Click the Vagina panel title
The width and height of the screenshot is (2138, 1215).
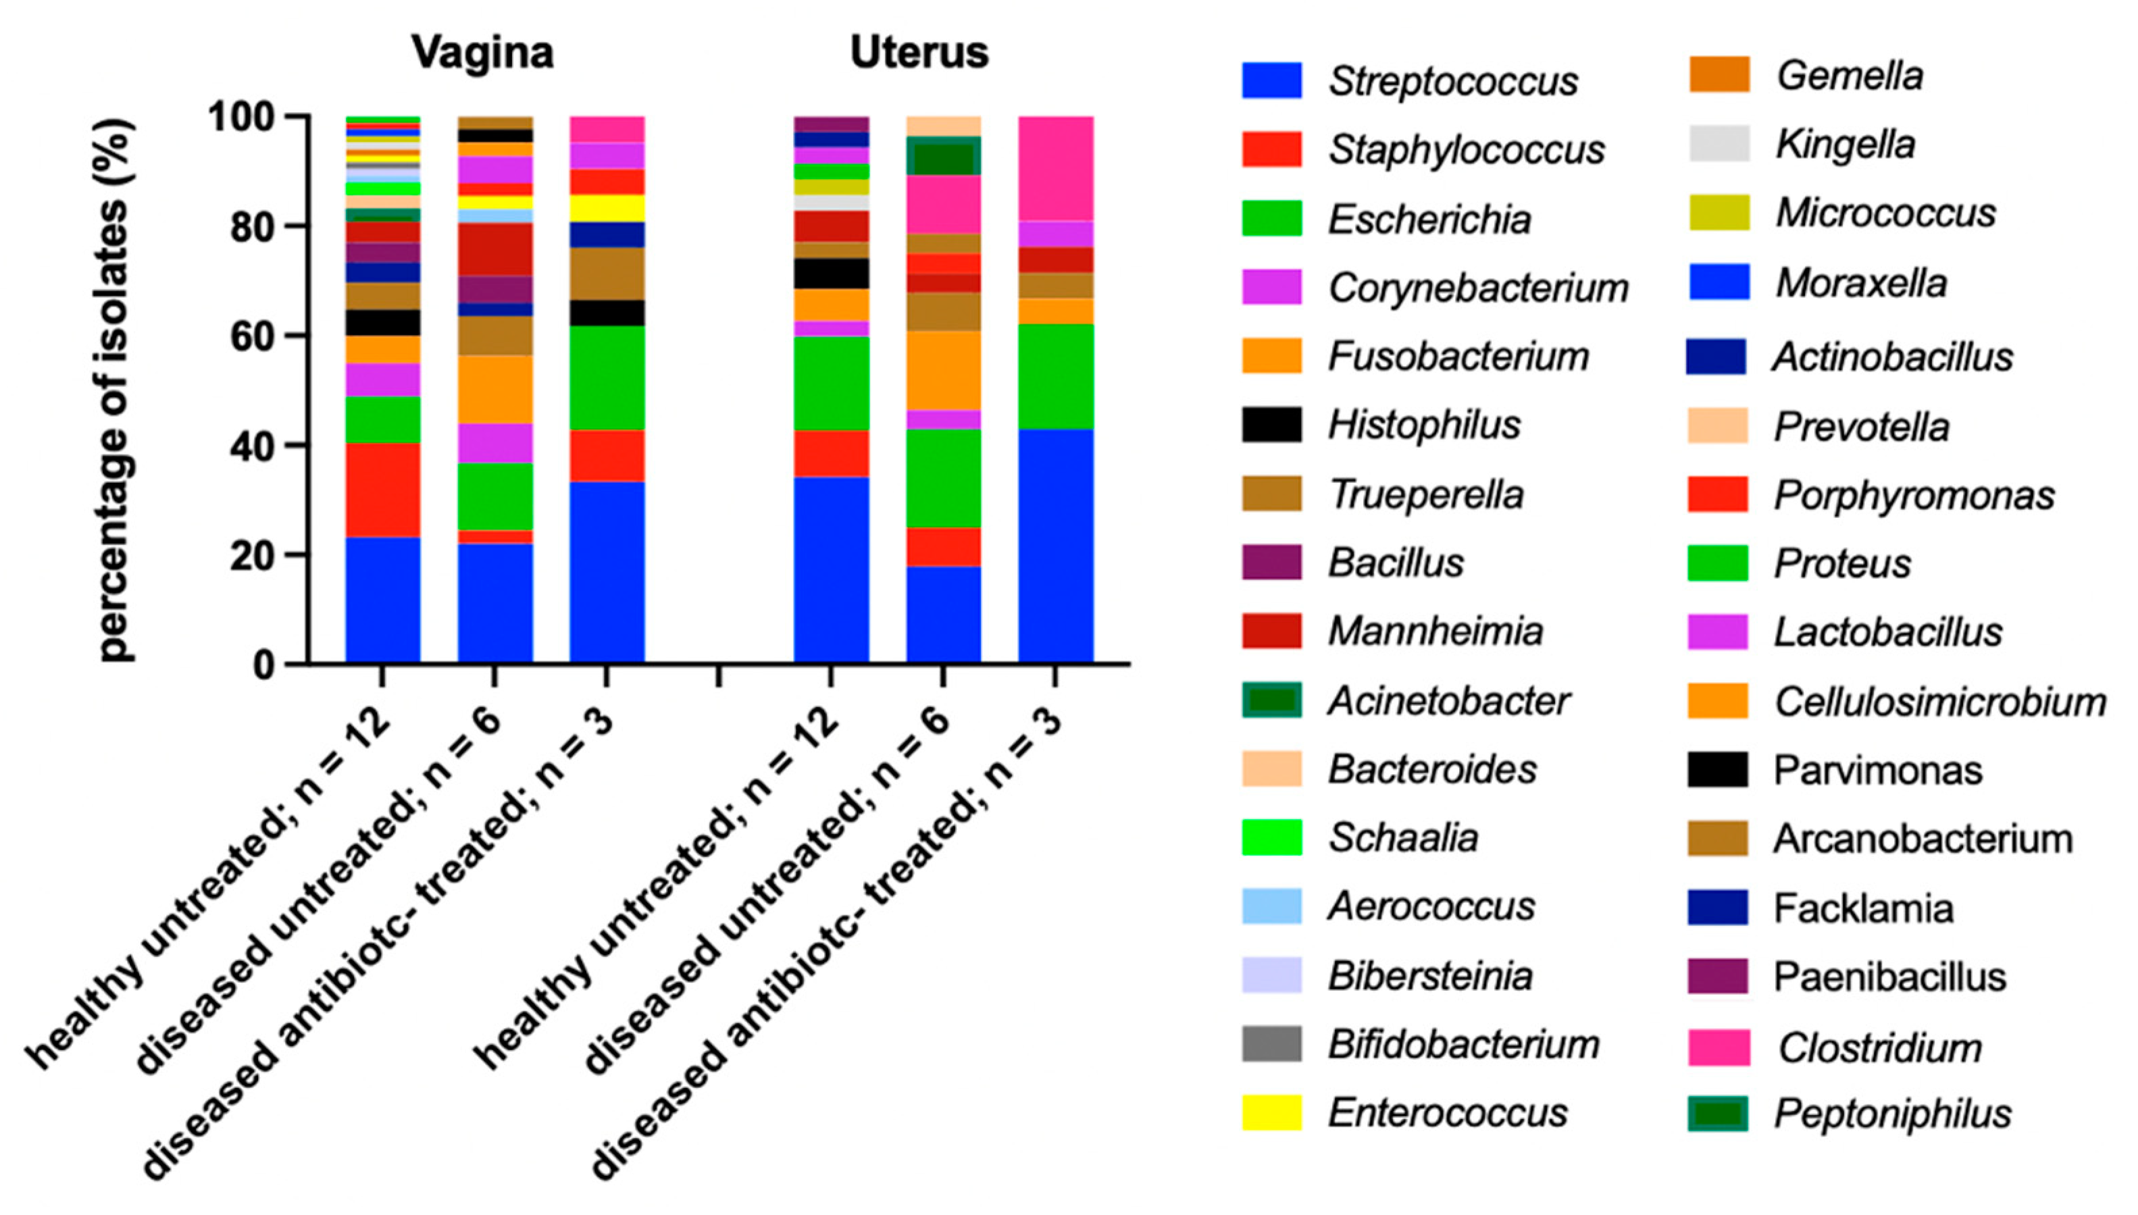click(482, 53)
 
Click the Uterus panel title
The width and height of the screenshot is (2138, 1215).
click(919, 53)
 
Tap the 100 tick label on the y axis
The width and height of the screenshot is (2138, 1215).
click(241, 118)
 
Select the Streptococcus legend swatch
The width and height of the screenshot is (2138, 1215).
click(1271, 81)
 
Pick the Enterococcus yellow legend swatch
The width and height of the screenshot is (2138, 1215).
click(1271, 1112)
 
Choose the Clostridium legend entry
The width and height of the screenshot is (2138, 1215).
click(1879, 1048)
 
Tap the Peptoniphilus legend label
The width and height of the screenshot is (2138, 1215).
click(1893, 1114)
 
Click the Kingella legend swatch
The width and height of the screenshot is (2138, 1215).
click(1719, 145)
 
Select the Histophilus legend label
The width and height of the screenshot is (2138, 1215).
click(1425, 425)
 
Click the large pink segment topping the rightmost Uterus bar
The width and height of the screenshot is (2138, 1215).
click(1056, 167)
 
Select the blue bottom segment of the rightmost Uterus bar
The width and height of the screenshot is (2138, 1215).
click(1056, 546)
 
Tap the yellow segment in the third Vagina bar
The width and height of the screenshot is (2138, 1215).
click(607, 208)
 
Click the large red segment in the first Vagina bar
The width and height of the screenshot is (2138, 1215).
click(383, 489)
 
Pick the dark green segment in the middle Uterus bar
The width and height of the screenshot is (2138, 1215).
click(944, 158)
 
